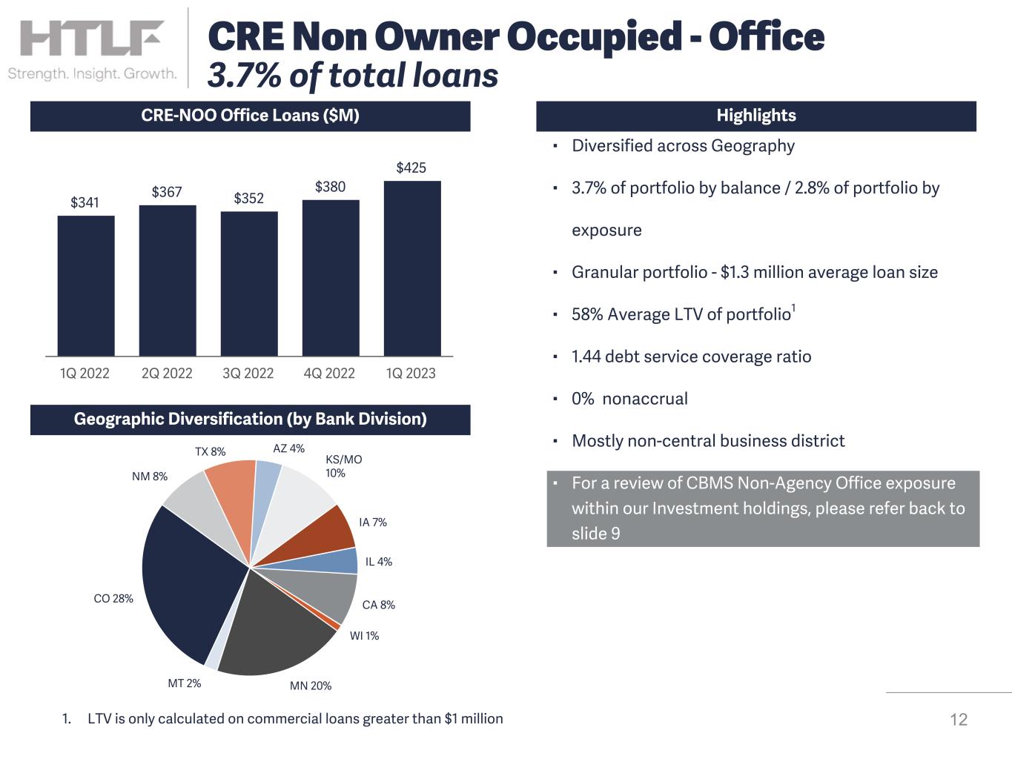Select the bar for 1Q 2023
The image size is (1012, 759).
pyautogui.click(x=412, y=268)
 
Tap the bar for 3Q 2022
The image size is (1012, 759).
pyautogui.click(x=249, y=284)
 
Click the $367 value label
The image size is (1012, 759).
pyautogui.click(x=167, y=192)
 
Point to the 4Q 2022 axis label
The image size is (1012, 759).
pyautogui.click(x=329, y=374)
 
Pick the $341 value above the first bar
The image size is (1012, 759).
pyautogui.click(x=85, y=202)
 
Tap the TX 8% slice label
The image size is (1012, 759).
pyautogui.click(x=211, y=451)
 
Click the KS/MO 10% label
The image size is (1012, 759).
pyautogui.click(x=343, y=466)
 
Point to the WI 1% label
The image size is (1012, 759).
pyautogui.click(x=364, y=636)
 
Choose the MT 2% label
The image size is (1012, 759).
pyautogui.click(x=185, y=683)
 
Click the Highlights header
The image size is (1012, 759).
pyautogui.click(x=755, y=116)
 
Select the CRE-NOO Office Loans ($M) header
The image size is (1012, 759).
pyautogui.click(x=250, y=116)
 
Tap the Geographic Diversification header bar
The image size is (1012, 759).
pyautogui.click(x=250, y=420)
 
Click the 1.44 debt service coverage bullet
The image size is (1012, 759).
pyautogui.click(x=691, y=357)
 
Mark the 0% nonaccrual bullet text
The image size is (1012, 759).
pyautogui.click(x=629, y=399)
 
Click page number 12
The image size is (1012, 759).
pyautogui.click(x=959, y=720)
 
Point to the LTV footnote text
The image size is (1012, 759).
pyautogui.click(x=295, y=718)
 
